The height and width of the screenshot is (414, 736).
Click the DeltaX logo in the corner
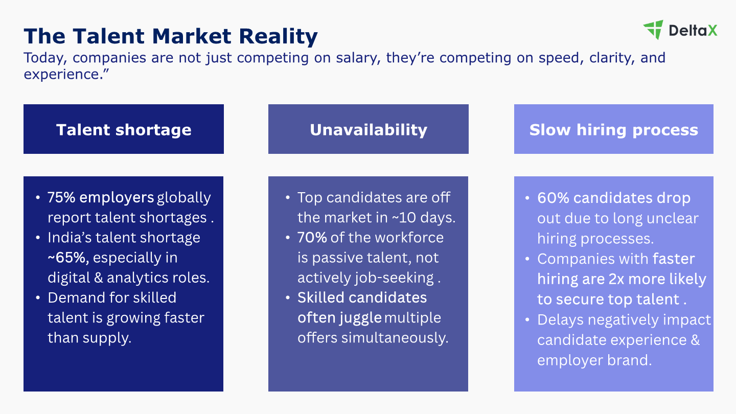point(680,30)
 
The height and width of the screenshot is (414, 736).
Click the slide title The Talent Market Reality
point(171,36)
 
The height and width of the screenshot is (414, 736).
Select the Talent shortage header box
point(124,129)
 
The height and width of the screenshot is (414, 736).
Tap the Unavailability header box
point(369,129)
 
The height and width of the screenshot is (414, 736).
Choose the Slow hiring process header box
point(614,129)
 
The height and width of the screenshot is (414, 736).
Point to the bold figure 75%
point(61,197)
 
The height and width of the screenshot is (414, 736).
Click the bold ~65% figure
point(68,258)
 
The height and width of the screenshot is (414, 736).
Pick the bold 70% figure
point(312,238)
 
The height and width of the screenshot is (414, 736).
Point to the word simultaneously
point(395,338)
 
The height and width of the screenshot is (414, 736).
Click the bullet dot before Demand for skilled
point(38,297)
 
